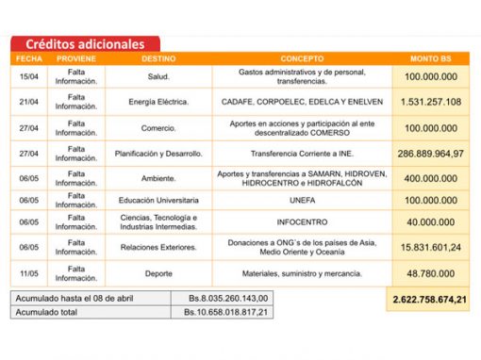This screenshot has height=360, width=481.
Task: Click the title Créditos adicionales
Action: (x=85, y=44)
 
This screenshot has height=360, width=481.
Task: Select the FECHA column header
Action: (x=26, y=58)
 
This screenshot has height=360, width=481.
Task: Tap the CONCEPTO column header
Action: (x=301, y=58)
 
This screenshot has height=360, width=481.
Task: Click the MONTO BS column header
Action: (x=431, y=58)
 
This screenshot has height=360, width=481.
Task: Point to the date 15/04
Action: (x=27, y=75)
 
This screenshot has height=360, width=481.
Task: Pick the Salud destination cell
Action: (x=158, y=75)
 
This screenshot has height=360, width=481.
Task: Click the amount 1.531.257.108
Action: (x=431, y=101)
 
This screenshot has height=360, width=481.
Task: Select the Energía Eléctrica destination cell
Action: (x=158, y=101)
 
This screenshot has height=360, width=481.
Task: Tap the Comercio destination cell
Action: (x=158, y=127)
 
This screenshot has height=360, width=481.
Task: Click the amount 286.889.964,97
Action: (x=431, y=153)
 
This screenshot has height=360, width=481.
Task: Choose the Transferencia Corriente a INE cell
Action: (x=301, y=153)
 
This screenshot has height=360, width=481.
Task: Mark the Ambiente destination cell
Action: (x=158, y=177)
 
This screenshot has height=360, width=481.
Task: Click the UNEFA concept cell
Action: (x=301, y=200)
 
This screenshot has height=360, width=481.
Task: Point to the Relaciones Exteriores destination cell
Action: (x=158, y=248)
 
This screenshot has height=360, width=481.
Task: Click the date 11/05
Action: (x=27, y=273)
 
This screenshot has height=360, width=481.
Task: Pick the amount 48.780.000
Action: (x=431, y=273)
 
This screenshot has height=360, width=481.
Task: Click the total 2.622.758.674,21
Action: (x=431, y=299)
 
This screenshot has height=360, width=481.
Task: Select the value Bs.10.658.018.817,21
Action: (x=226, y=311)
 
